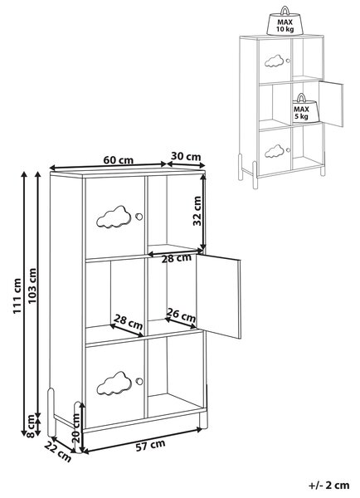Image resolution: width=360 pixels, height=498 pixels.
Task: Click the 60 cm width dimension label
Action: pos(119,160)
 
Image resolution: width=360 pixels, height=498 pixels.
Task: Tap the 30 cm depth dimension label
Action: pos(186,157)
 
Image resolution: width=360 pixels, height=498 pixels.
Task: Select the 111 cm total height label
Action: pos(17,296)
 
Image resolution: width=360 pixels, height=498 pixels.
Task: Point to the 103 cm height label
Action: pos(32,286)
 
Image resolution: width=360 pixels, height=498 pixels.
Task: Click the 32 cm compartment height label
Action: pos(197,211)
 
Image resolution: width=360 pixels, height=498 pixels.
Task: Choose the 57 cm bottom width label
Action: pos(150,445)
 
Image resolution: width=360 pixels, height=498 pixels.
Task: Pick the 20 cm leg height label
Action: pos(75,428)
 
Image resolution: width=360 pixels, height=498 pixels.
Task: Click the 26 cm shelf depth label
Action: pos(182,315)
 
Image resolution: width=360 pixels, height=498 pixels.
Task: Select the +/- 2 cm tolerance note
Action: pos(328,485)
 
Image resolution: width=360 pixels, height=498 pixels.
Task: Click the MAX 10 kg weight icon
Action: pos(285,21)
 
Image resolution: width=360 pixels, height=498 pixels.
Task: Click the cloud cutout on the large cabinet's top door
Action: pos(114,217)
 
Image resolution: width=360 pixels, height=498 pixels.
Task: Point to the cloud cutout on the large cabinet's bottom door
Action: pos(114,383)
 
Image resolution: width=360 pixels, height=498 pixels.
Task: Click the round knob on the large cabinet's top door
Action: pos(139,217)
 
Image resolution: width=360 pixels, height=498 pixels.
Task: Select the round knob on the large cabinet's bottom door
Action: pos(139,382)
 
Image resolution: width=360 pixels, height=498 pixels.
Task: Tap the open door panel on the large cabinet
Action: pos(218,295)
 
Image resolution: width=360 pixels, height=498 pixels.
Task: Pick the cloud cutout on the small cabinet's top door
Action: pos(274,61)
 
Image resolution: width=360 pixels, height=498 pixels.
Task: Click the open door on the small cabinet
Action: pos(331,104)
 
